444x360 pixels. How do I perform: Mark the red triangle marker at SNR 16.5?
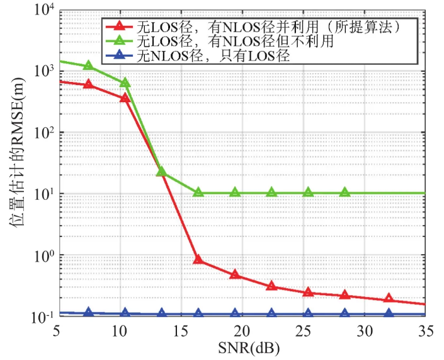198,260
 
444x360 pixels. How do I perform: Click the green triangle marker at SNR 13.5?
162,171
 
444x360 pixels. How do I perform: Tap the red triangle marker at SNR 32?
389,298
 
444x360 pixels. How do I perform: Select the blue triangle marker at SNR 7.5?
89,312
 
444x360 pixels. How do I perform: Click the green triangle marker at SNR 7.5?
89,65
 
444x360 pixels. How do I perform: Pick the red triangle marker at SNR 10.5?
125,98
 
